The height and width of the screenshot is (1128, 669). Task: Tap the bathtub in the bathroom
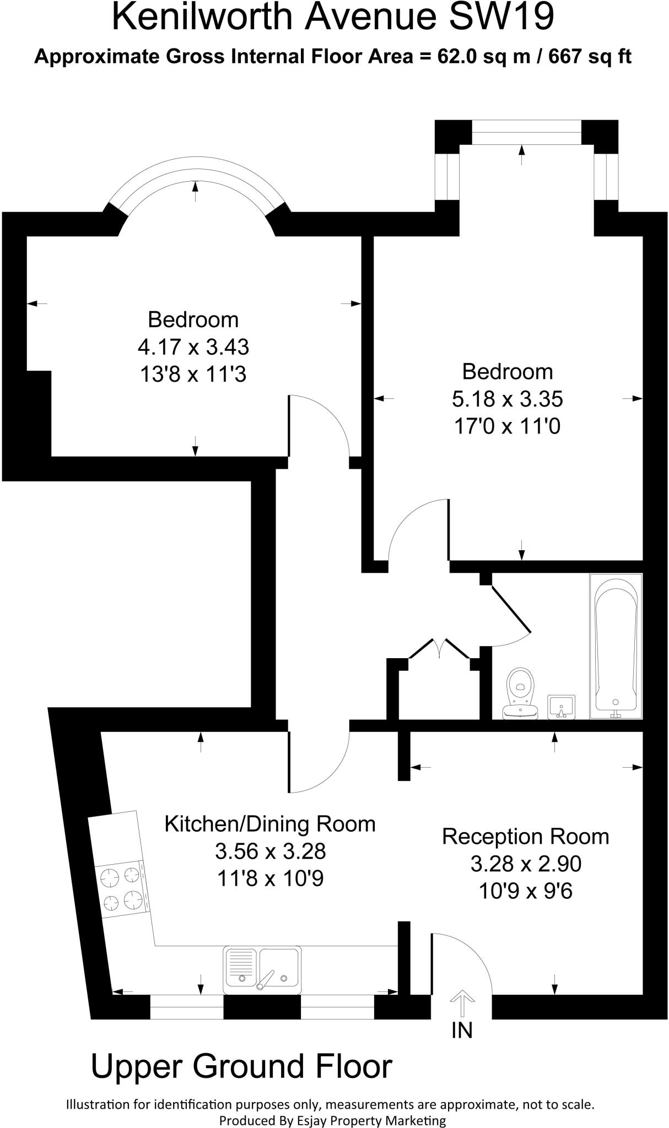(x=616, y=646)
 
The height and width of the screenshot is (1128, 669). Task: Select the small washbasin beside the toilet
(x=561, y=707)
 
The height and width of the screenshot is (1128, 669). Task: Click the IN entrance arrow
(x=462, y=1004)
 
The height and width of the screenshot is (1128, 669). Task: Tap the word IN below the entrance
(x=462, y=1030)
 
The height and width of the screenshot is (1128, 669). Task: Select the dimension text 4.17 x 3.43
(x=193, y=347)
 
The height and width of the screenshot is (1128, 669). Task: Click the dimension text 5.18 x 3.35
(x=507, y=399)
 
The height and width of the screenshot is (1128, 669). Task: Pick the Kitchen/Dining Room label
(x=270, y=824)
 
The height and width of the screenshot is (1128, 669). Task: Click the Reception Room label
(x=525, y=836)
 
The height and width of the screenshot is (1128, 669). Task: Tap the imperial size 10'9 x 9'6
(x=525, y=891)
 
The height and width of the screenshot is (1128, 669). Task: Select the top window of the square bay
(x=526, y=133)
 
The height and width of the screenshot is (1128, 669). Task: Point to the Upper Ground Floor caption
(x=241, y=1066)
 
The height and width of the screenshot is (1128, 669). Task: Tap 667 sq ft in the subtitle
(x=590, y=57)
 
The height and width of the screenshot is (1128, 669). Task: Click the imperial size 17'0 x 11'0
(x=507, y=426)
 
